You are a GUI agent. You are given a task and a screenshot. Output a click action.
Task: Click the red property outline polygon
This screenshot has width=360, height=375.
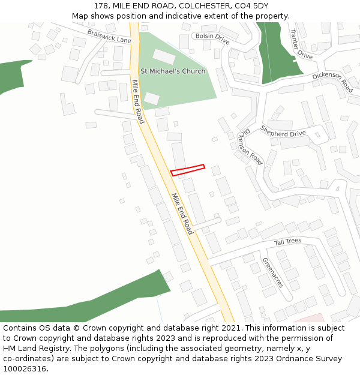(x=188, y=170)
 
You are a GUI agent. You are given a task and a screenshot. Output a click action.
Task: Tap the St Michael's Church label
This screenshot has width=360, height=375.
(x=173, y=71)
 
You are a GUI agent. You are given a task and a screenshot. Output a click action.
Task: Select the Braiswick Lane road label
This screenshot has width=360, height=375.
(x=109, y=36)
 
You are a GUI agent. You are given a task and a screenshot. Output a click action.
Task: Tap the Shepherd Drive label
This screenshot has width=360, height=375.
(x=283, y=131)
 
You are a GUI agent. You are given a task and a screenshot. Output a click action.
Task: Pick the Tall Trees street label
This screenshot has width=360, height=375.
(x=287, y=242)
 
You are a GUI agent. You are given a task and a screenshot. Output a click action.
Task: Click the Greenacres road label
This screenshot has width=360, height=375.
(x=272, y=272)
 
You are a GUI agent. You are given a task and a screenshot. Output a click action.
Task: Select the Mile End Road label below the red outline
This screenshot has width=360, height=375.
(x=182, y=214)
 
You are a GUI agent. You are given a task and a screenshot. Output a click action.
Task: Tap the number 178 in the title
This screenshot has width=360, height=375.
(x=101, y=6)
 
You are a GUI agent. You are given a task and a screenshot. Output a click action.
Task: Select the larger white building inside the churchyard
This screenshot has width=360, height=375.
(x=164, y=56)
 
